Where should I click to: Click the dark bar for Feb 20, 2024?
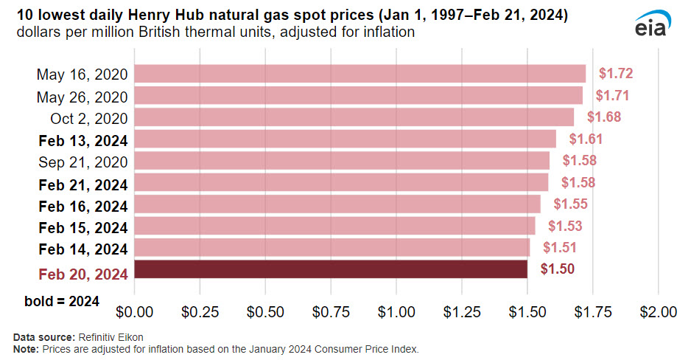coord(331,269)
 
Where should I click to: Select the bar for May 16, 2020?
coord(359,74)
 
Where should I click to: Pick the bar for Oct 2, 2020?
coord(354,117)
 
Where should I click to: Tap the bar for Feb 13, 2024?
coord(345,139)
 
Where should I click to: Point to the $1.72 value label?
coord(616,74)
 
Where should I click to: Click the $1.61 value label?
coord(586,139)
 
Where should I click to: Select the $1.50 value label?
coord(557,269)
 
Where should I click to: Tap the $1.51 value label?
coord(560,248)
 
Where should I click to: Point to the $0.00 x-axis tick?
coord(134,311)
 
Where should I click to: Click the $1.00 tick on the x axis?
coord(396,311)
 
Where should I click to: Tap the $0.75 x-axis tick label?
coord(331,311)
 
